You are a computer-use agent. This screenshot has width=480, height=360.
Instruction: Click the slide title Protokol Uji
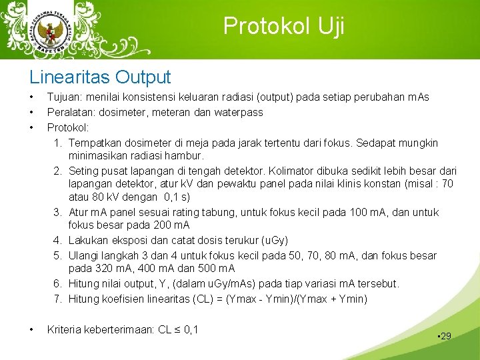(284, 26)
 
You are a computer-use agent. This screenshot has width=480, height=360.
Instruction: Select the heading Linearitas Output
(100, 77)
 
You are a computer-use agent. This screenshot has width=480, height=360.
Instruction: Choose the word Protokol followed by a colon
(69, 127)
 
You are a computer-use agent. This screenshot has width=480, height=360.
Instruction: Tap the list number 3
(58, 212)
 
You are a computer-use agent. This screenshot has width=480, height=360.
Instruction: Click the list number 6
(58, 284)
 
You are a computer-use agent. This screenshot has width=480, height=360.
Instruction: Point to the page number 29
(445, 336)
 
